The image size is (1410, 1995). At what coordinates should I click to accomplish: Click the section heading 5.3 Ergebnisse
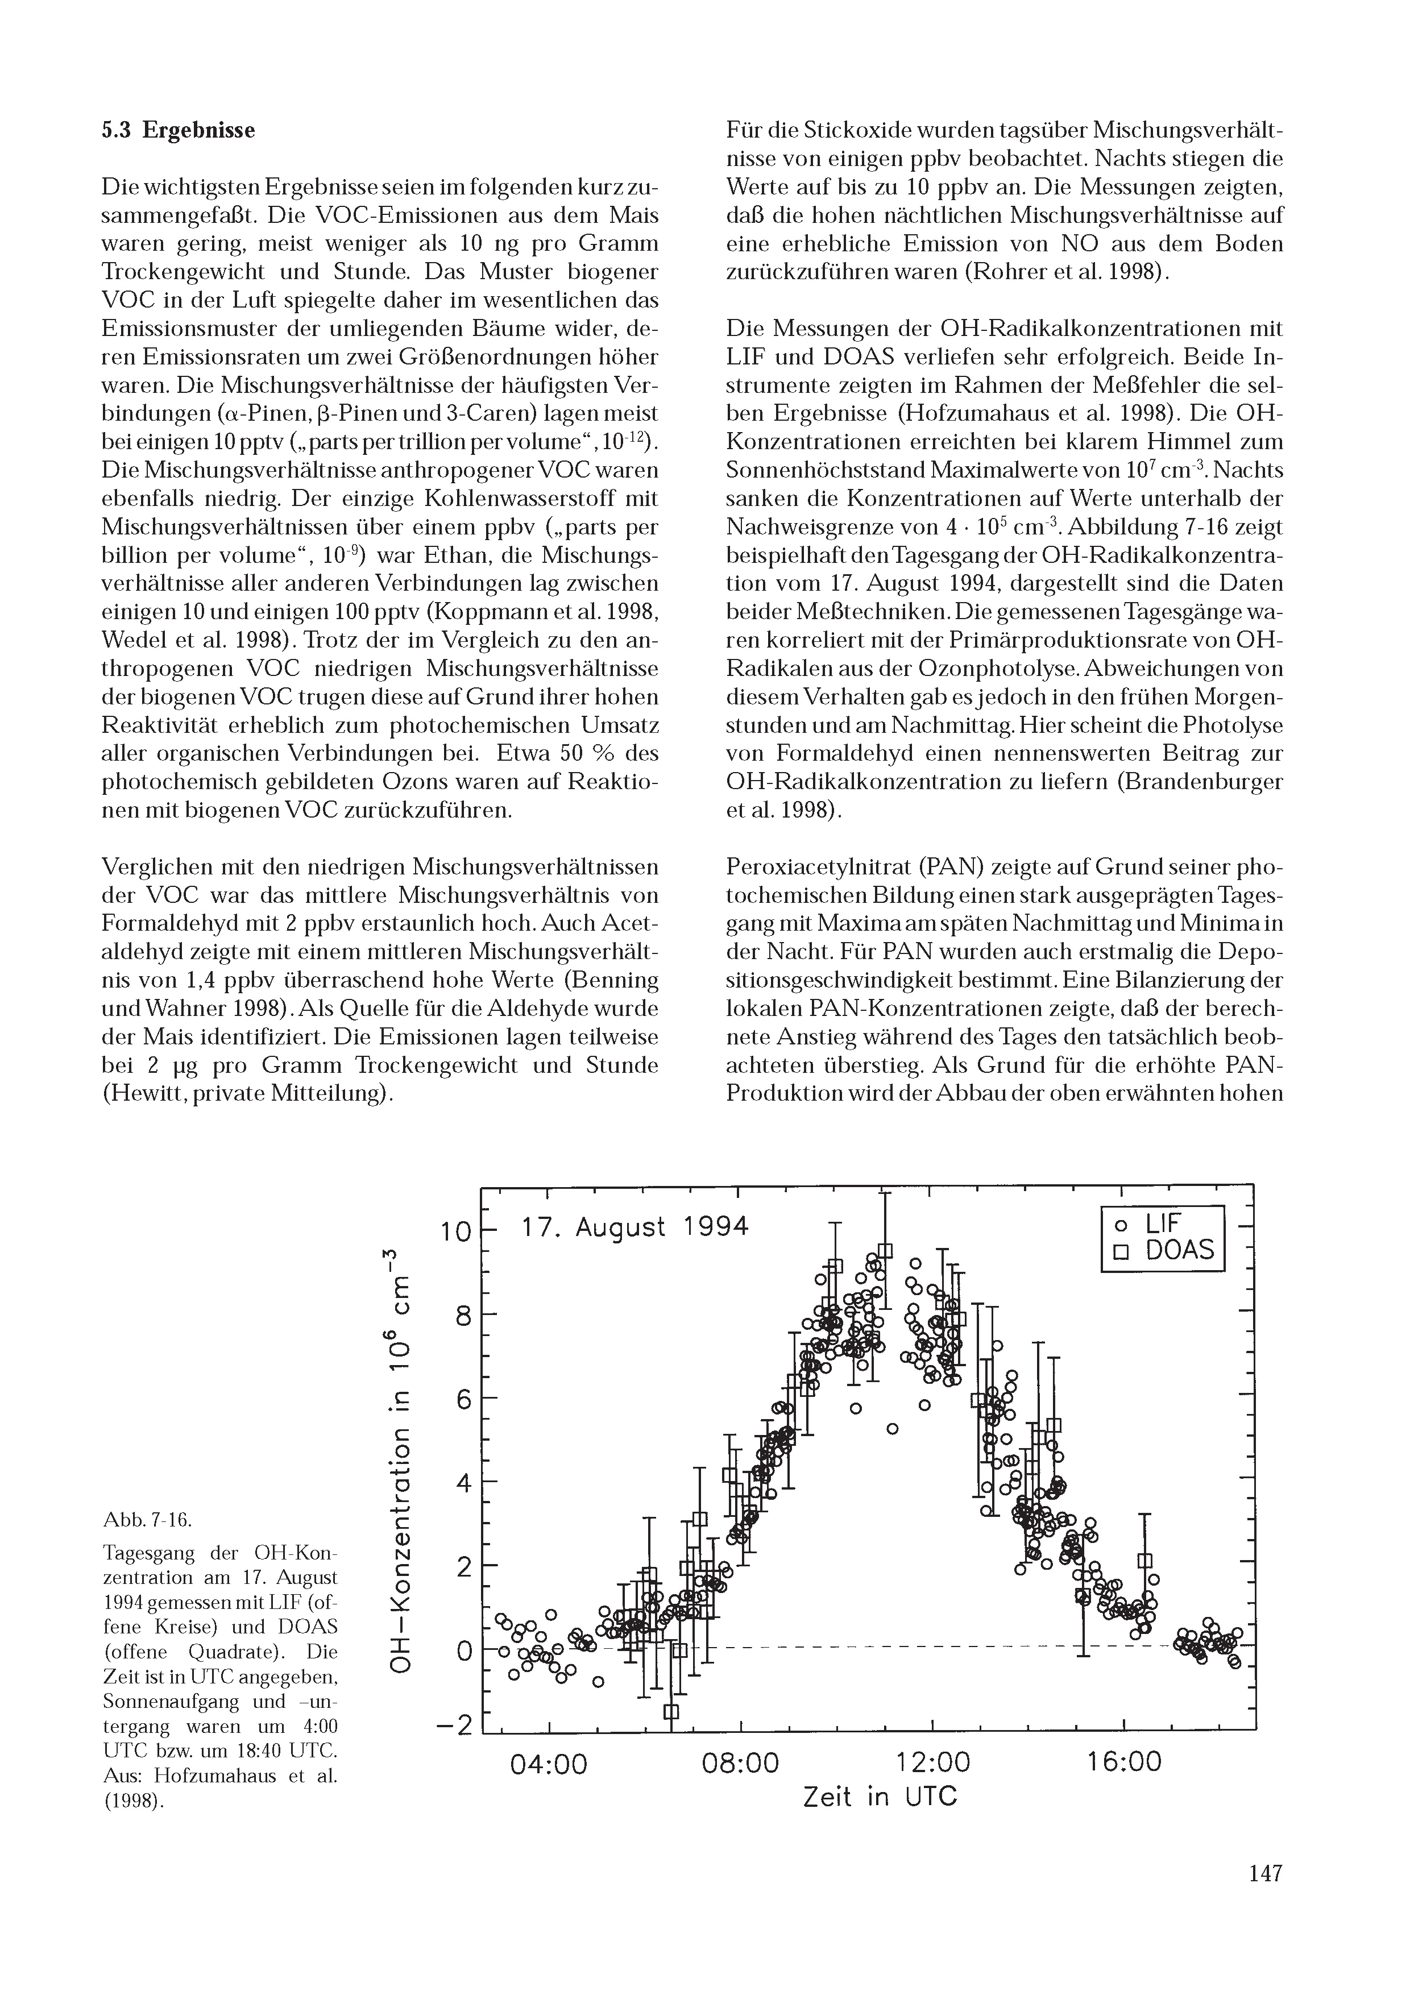click(178, 130)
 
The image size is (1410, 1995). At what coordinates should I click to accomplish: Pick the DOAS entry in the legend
click(1164, 1251)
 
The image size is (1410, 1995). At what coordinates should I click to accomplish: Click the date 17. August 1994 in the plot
click(633, 1227)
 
